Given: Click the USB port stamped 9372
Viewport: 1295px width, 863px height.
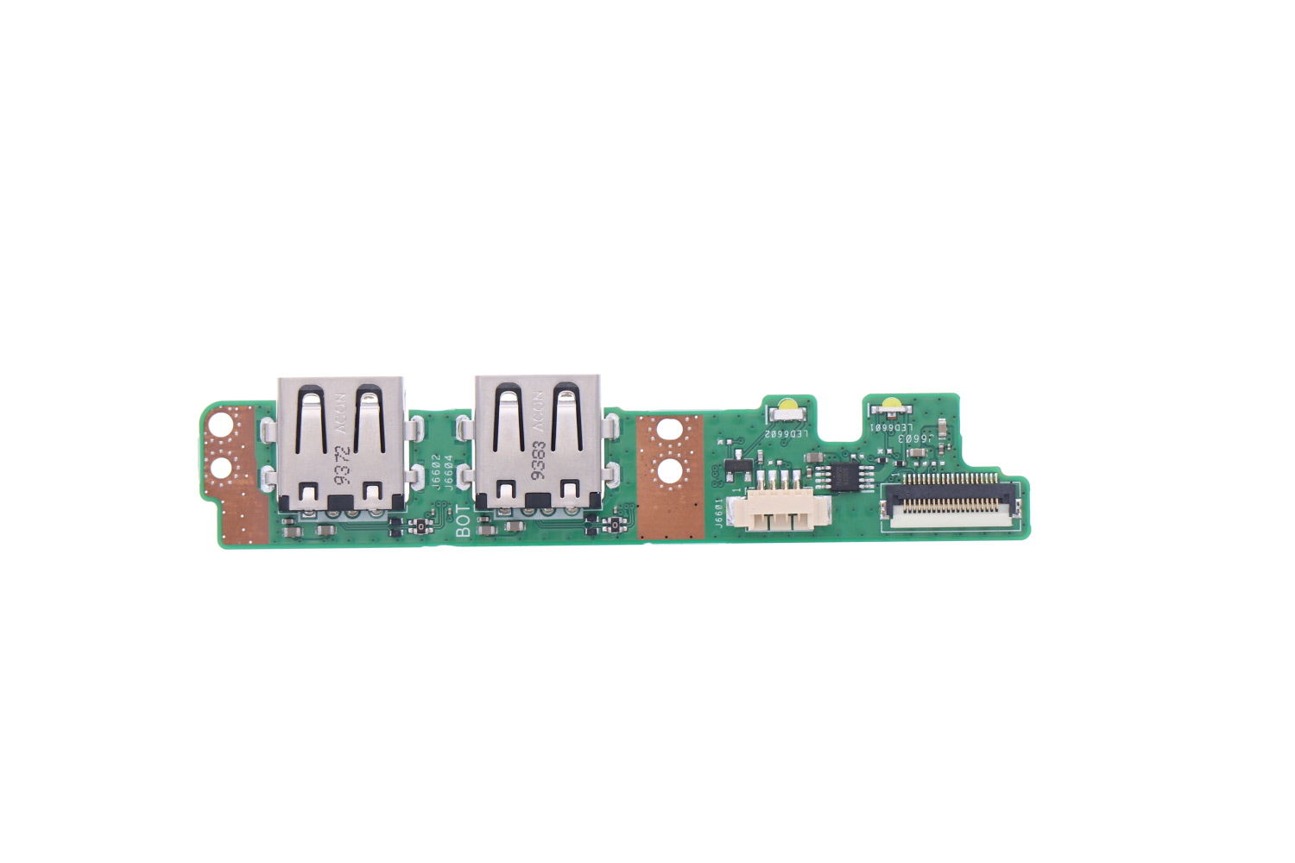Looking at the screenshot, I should pos(341,444).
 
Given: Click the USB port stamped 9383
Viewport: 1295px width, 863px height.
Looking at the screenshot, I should pos(538,444).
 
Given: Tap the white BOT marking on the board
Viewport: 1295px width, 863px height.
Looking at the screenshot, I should pos(464,522).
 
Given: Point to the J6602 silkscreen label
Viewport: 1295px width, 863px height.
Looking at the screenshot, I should pos(436,472).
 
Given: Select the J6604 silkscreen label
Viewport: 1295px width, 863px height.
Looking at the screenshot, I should pos(448,472).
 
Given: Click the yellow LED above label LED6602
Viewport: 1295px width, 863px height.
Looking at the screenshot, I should pos(787,405).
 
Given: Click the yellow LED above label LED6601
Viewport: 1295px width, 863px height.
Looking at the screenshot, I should pos(889,405).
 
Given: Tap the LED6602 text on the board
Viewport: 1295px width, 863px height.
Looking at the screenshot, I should pos(786,433).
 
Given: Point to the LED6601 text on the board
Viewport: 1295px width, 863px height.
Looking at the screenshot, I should pos(890,427).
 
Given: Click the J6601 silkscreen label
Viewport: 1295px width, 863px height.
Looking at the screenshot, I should pos(719,513).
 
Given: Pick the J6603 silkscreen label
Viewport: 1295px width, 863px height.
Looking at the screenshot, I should pos(913,438).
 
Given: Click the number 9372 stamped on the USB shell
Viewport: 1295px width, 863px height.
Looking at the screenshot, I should pos(343,464).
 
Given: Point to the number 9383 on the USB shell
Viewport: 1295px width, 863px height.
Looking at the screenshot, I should pos(539,462).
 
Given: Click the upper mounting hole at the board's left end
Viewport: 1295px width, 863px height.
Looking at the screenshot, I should pos(222,425).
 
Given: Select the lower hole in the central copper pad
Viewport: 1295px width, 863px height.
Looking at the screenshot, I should pos(671,471).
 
